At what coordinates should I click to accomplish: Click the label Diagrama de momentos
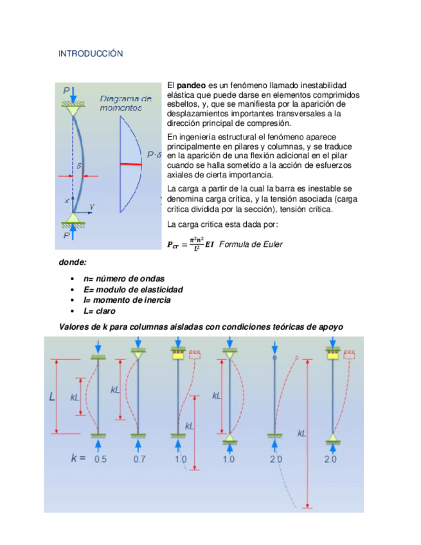pos(126,103)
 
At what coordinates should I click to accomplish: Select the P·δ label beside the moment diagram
pos(154,155)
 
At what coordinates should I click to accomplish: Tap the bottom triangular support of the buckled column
pos(75,219)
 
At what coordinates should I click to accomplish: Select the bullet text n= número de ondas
pos(123,279)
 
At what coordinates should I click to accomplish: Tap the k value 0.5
pos(100,460)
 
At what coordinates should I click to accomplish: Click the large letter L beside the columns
pos(52,397)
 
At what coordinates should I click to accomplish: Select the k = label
pos(78,459)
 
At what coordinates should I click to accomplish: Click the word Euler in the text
pos(272,244)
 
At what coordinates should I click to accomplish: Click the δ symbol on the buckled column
pos(79,166)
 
